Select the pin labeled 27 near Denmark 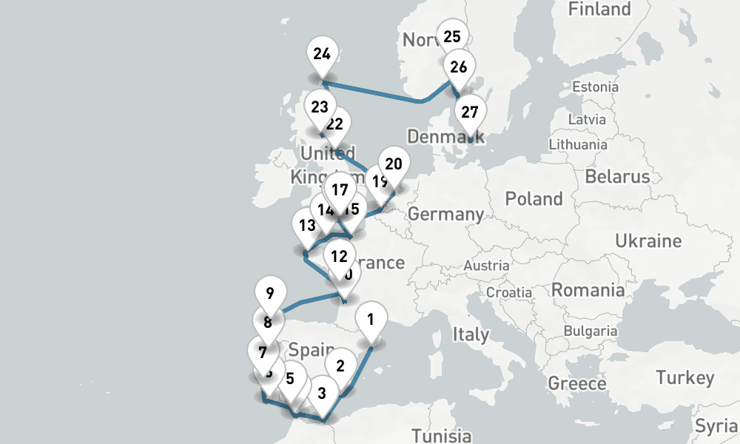tap(470, 113)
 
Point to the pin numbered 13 tap(305, 224)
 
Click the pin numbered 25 tap(452, 36)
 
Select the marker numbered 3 tap(321, 392)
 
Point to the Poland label tap(534, 199)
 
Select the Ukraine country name tap(648, 241)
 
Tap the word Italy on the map tap(470, 334)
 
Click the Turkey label tap(684, 378)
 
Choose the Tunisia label tap(442, 434)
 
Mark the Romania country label tap(588, 290)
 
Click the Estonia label tap(595, 87)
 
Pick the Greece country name tap(576, 383)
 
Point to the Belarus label tap(617, 176)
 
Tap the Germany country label tap(445, 215)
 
